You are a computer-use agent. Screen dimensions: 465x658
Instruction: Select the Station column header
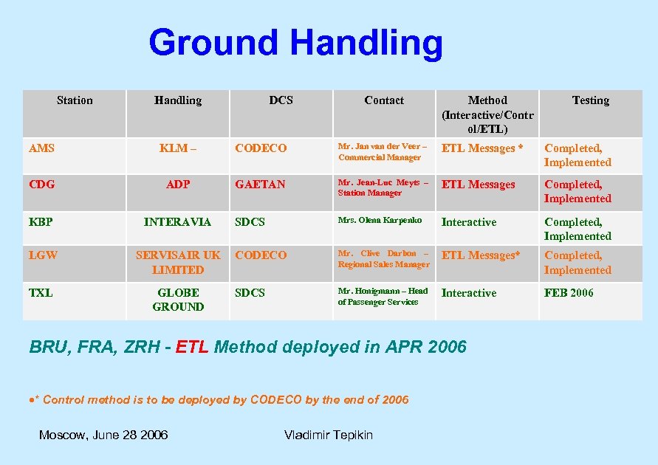tap(75, 100)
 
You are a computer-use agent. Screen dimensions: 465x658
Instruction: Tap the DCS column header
tap(281, 100)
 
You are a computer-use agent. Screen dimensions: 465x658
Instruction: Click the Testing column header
tap(590, 100)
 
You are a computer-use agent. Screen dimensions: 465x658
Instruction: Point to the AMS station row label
tap(41, 148)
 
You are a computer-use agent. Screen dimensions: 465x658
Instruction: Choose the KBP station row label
tap(41, 221)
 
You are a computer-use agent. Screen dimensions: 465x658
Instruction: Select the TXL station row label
tap(41, 293)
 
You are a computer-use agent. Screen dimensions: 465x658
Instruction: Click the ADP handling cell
tap(178, 185)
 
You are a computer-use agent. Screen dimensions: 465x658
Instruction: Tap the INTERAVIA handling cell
tap(177, 222)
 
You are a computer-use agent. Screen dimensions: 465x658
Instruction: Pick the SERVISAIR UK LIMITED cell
tap(178, 263)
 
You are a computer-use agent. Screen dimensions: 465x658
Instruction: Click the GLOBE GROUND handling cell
tap(178, 300)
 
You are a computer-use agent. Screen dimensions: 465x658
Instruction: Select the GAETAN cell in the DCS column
tap(260, 185)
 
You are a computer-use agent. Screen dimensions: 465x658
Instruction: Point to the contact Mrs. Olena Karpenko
tap(380, 221)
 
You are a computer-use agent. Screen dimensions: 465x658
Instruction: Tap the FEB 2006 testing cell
tap(569, 293)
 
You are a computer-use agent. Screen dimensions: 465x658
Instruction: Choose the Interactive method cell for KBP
tap(469, 222)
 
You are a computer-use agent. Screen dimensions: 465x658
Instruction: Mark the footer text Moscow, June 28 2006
tap(103, 435)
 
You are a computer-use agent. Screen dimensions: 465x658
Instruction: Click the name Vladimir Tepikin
tap(329, 435)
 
